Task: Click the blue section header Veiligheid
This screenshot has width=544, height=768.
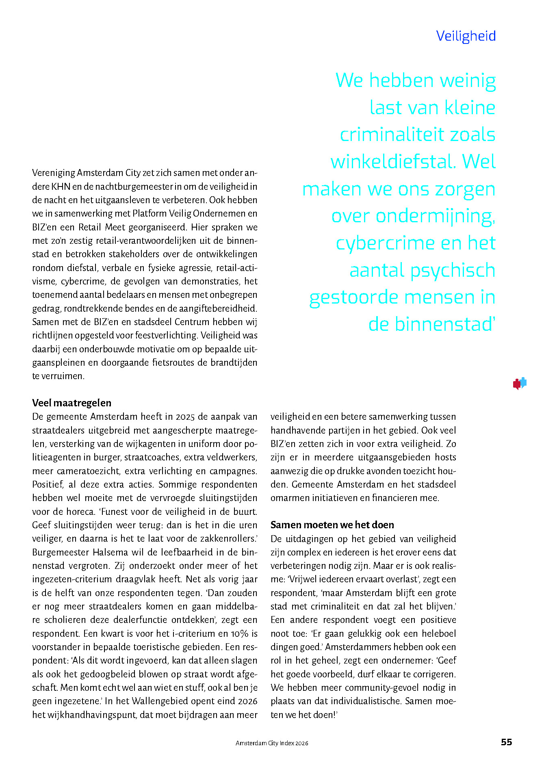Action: point(466,36)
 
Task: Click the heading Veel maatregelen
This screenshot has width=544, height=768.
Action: point(72,403)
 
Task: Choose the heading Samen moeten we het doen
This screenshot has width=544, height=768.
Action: point(332,525)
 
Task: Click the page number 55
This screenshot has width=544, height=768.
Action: point(506,742)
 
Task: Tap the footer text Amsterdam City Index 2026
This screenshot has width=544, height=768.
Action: point(272,743)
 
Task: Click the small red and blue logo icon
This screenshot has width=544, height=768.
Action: point(520,383)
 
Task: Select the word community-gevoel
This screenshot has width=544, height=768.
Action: point(379,688)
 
